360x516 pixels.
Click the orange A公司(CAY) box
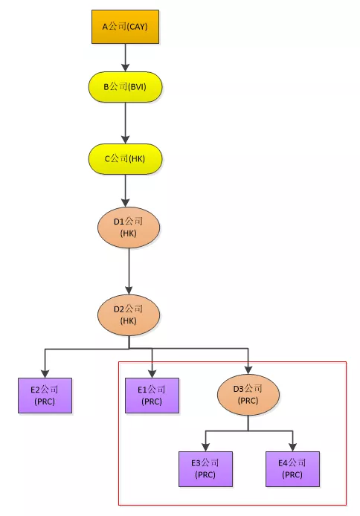pyautogui.click(x=125, y=27)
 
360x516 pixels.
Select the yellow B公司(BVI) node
pyautogui.click(x=125, y=87)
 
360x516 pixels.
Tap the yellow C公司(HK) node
pyautogui.click(x=125, y=158)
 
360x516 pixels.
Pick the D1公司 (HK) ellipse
pyautogui.click(x=129, y=228)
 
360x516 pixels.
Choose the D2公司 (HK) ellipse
pyautogui.click(x=129, y=315)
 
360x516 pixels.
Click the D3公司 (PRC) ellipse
pyautogui.click(x=248, y=395)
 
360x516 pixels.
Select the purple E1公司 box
pyautogui.click(x=152, y=396)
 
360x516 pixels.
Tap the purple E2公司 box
pyautogui.click(x=45, y=396)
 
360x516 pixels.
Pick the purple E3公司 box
pyautogui.click(x=206, y=469)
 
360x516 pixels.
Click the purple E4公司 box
pyautogui.click(x=292, y=469)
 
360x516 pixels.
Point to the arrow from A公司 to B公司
pyautogui.click(x=125, y=57)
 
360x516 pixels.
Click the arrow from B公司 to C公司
pyautogui.click(x=125, y=123)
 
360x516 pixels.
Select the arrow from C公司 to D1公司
pyautogui.click(x=125, y=190)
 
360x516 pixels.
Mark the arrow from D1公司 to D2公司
pyautogui.click(x=129, y=271)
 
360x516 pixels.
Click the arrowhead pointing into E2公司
pyautogui.click(x=45, y=373)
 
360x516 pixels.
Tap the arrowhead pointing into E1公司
pyautogui.click(x=152, y=373)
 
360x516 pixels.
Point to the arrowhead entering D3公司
pyautogui.click(x=248, y=370)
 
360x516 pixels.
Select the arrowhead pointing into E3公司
pyautogui.click(x=206, y=447)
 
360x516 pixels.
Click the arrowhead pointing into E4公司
pyautogui.click(x=292, y=447)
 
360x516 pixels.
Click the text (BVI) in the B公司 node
pyautogui.click(x=137, y=87)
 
